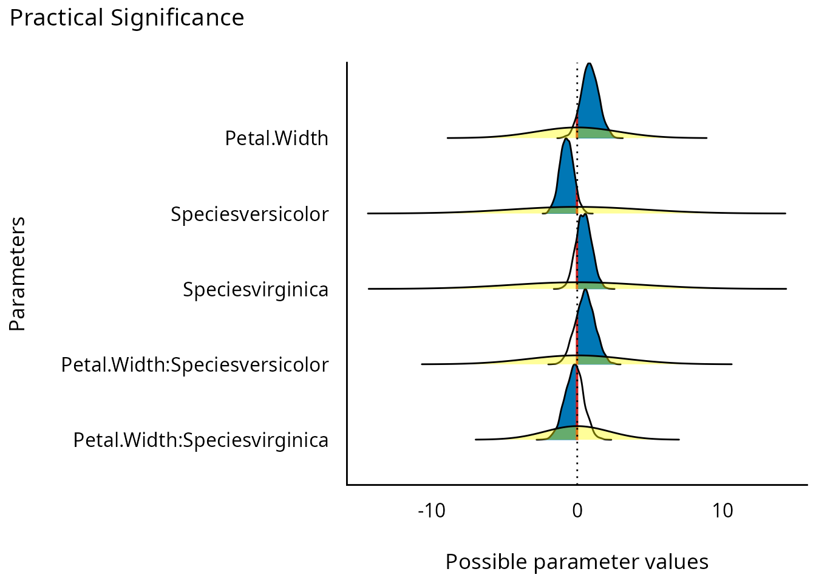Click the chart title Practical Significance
(127, 18)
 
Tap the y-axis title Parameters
(18, 273)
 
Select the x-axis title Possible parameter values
(577, 562)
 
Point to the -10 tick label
(432, 511)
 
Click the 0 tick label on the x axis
(577, 511)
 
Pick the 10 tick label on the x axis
(722, 511)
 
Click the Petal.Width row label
(276, 138)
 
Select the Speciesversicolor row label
(250, 214)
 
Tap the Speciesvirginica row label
(256, 289)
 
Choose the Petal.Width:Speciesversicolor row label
(195, 364)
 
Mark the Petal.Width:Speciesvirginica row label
(201, 440)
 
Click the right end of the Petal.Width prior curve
(706, 138)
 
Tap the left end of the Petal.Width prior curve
(447, 138)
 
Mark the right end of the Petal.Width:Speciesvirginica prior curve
(679, 439)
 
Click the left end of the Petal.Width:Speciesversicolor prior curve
(422, 364)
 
